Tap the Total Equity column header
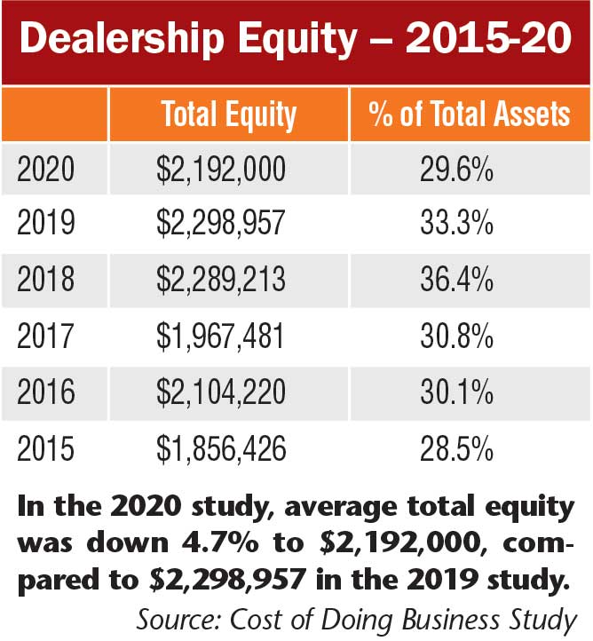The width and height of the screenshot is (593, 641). click(228, 115)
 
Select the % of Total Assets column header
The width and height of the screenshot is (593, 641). click(470, 115)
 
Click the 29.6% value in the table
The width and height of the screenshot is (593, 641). click(456, 170)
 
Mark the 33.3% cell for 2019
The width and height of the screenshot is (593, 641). click(456, 226)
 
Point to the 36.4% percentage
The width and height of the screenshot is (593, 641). click(456, 281)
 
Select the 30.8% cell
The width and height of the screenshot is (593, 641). click(456, 337)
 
